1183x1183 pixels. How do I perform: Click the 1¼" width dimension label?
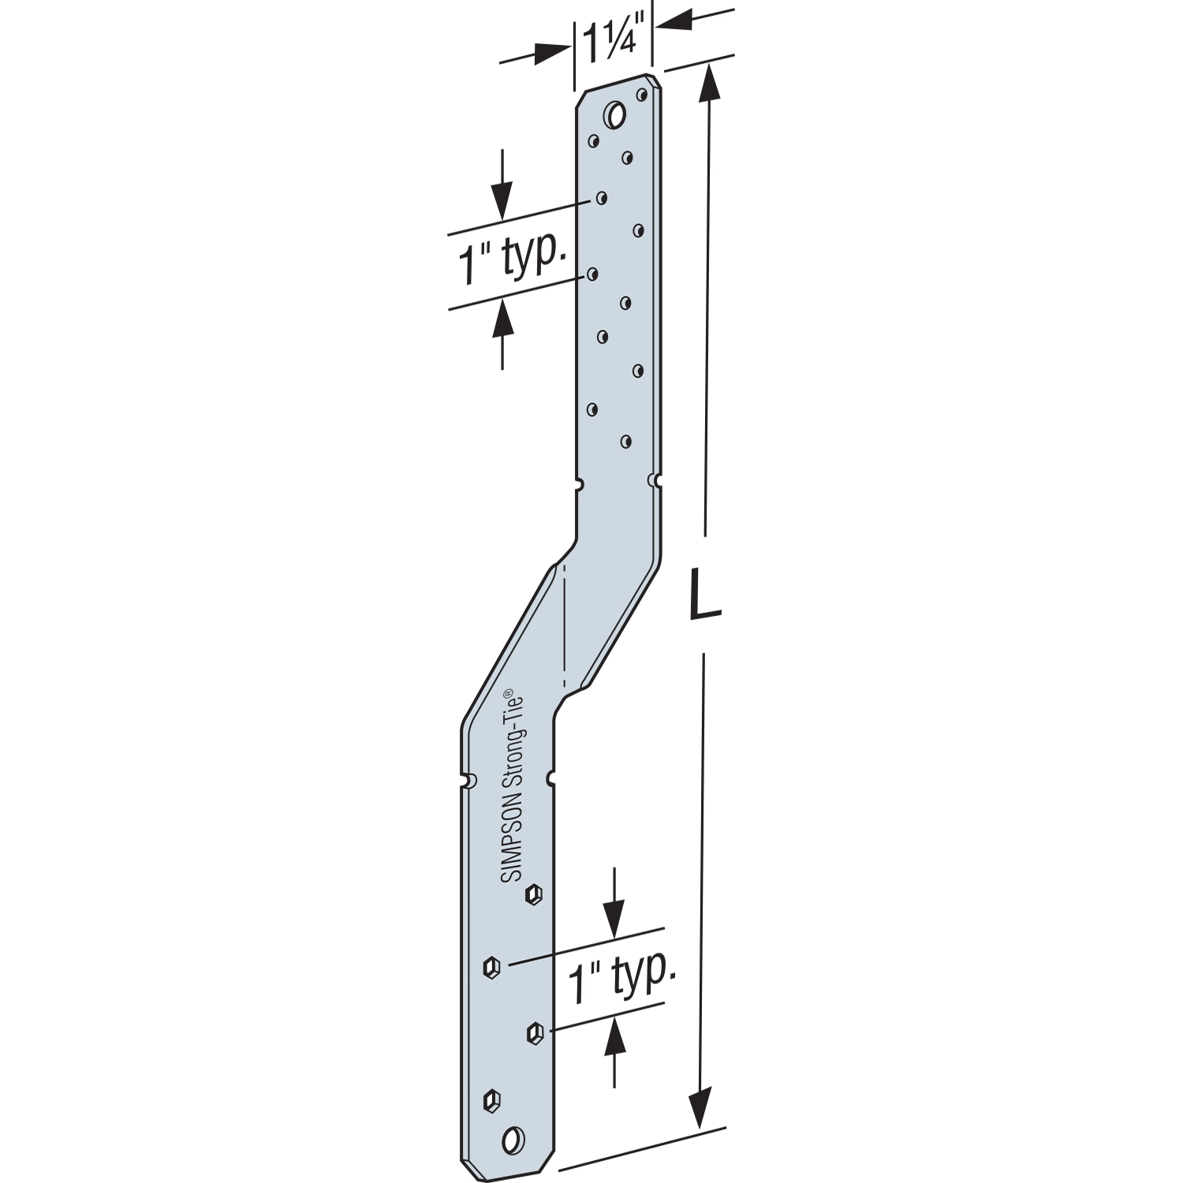(613, 39)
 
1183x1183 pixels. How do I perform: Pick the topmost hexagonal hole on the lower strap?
(534, 894)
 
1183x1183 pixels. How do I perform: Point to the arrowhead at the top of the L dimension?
(710, 79)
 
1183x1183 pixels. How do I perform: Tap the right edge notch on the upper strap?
(654, 480)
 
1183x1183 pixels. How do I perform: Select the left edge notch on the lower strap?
(470, 781)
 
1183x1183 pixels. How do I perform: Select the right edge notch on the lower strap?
(550, 779)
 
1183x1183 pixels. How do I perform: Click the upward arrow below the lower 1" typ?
(614, 1039)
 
